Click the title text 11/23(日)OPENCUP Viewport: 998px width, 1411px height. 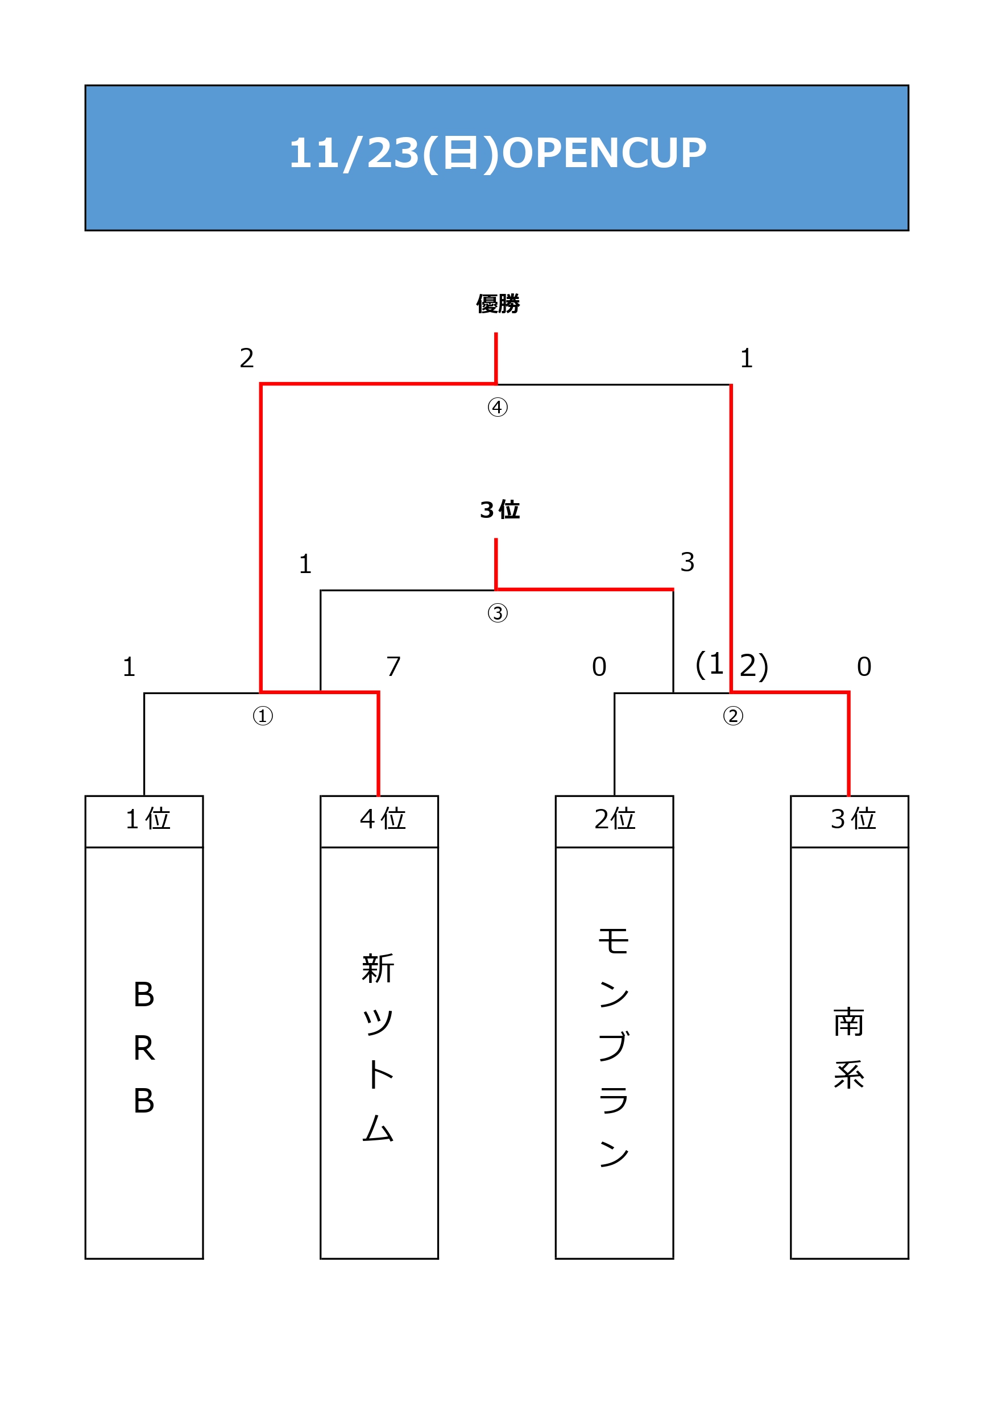pos(498,153)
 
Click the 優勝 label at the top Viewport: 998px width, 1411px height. pos(498,304)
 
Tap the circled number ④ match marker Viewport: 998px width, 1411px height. pos(498,407)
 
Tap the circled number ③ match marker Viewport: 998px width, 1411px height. pos(498,613)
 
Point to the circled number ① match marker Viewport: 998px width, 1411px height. pos(263,716)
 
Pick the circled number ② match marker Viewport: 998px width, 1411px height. pos(733,716)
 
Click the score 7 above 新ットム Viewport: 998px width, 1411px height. pos(394,666)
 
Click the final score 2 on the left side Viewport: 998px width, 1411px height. pos(247,358)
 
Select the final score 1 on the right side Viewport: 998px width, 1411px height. pos(747,358)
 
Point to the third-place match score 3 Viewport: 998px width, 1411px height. pos(688,562)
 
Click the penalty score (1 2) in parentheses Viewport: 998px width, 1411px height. pos(732,665)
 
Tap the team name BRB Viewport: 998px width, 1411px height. pos(144,1047)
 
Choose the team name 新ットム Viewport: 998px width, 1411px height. pos(378,1047)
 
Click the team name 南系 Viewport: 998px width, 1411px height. pos(849,1048)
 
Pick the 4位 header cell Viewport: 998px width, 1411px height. pos(383,819)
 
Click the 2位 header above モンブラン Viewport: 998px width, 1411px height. pos(614,819)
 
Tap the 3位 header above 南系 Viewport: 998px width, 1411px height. pos(853,819)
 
